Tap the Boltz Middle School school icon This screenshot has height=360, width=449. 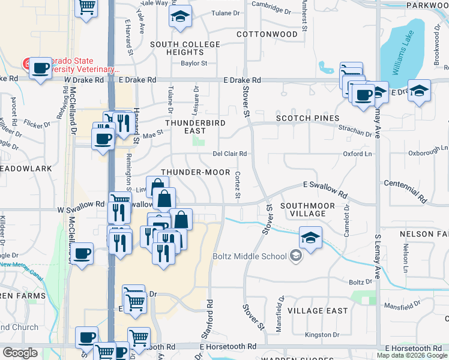pyautogui.click(x=295, y=256)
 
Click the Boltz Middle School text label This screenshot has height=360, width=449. pyautogui.click(x=250, y=257)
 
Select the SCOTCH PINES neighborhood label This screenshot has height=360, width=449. pyautogui.click(x=307, y=118)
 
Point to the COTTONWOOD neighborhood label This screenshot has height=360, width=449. pyautogui.click(x=267, y=34)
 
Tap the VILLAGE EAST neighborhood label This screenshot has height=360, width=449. pyautogui.click(x=318, y=311)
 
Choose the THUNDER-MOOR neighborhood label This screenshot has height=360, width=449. pyautogui.click(x=195, y=172)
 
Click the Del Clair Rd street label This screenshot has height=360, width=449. pyautogui.click(x=230, y=154)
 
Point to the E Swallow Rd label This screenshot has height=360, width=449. pyautogui.click(x=325, y=190)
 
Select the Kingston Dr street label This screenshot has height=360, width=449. pyautogui.click(x=322, y=334)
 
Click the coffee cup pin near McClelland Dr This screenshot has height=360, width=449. pyautogui.click(x=83, y=253)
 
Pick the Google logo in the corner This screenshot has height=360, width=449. pyautogui.click(x=20, y=353)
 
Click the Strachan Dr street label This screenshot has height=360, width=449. pyautogui.click(x=354, y=131)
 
